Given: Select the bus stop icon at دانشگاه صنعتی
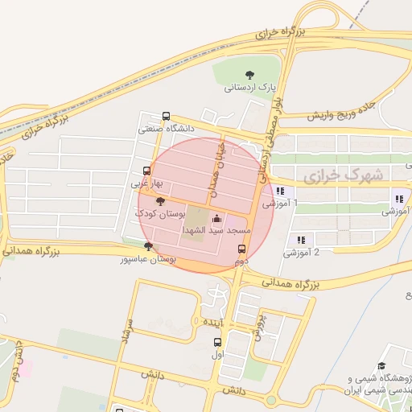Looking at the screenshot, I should tap(166, 115).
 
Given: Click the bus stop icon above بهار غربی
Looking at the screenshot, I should tap(146, 170).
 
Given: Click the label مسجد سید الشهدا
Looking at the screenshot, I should tap(217, 230).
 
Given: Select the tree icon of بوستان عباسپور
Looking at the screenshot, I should tap(146, 246).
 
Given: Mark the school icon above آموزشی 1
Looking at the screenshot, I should tap(279, 191).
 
